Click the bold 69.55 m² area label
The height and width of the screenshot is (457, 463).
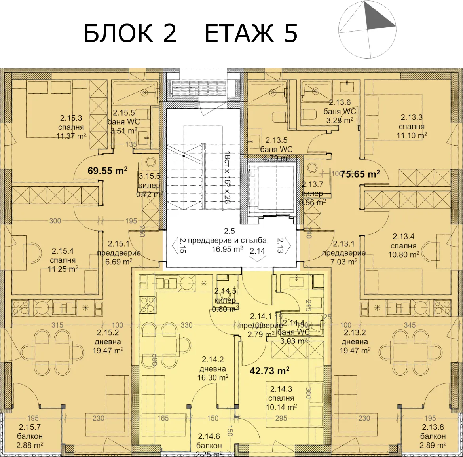tap(107, 171)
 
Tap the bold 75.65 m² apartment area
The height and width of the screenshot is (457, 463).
tap(360, 173)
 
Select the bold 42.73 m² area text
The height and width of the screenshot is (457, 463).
tap(269, 371)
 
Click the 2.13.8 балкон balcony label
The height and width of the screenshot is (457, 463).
tap(433, 436)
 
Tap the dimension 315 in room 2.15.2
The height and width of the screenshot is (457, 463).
tap(57, 325)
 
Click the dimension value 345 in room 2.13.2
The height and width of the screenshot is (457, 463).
tap(410, 325)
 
